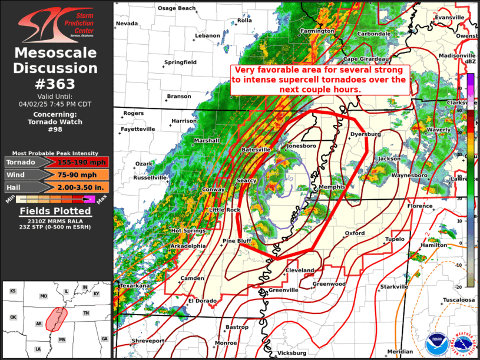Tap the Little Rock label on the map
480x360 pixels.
click(x=225, y=210)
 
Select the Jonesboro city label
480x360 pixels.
click(x=301, y=146)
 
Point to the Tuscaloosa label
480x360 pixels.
click(x=459, y=300)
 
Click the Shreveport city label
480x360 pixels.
click(x=148, y=341)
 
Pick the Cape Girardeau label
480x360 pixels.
click(x=366, y=59)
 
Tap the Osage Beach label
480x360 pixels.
click(x=176, y=8)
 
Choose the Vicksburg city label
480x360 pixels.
click(x=292, y=353)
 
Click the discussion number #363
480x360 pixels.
click(x=57, y=84)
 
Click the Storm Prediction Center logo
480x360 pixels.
click(x=57, y=23)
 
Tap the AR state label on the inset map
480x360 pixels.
click(x=39, y=323)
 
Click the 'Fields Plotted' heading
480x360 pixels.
click(x=57, y=210)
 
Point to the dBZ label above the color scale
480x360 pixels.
click(x=470, y=61)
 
